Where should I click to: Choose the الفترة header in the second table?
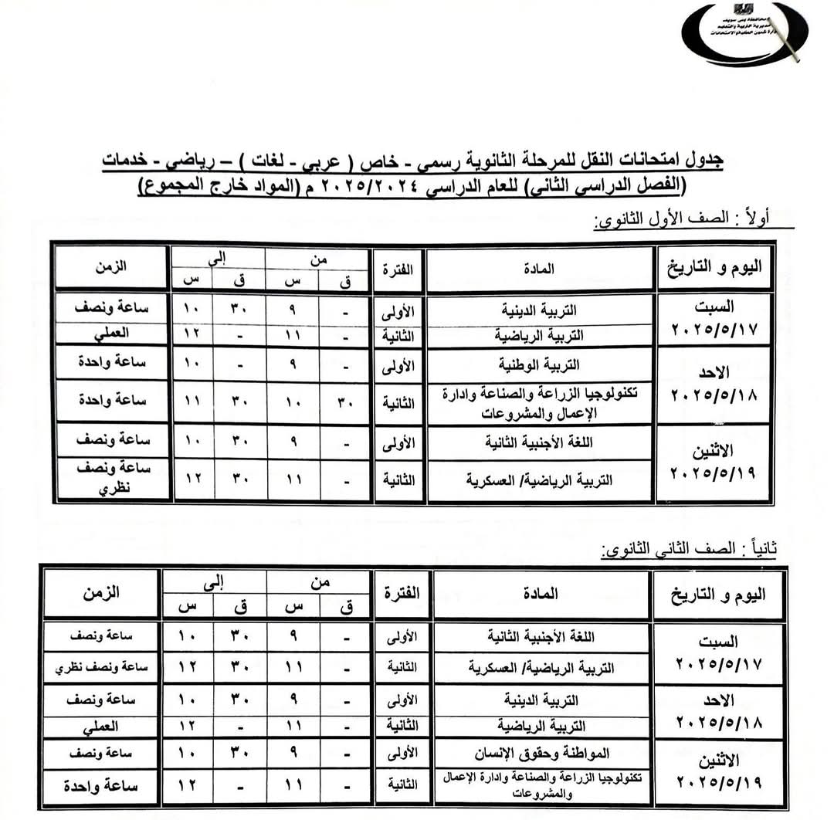tap(402, 594)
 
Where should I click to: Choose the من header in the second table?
tap(320, 583)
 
